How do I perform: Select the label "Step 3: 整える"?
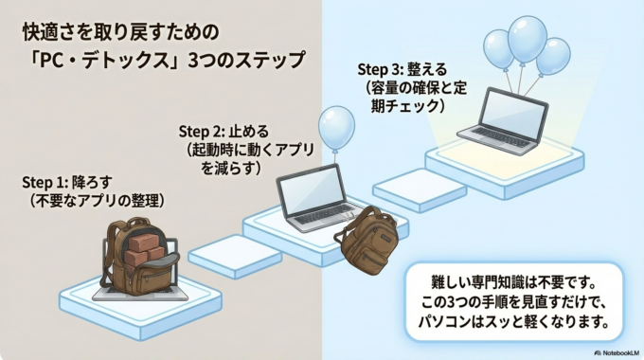402,69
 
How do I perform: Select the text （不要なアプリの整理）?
95,201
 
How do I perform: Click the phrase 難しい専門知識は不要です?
512,283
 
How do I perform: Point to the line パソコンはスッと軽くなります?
512,323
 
